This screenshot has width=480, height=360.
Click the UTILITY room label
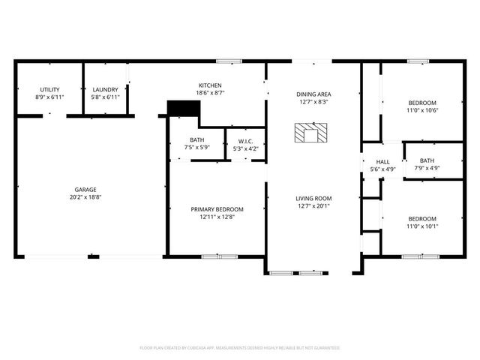pos(49,89)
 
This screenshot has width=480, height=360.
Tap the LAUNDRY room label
pos(105,89)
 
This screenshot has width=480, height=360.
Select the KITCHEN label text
pos(210,85)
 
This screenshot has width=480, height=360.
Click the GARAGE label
pos(85,190)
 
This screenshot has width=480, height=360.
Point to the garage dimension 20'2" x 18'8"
pos(85,197)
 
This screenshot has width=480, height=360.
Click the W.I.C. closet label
pos(245,141)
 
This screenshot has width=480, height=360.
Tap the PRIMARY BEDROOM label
pos(217,209)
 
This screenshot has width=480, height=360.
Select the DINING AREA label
pos(313,94)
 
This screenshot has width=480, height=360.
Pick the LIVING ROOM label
pos(313,198)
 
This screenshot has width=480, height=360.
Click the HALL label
pos(382,162)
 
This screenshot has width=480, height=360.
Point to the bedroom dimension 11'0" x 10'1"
pos(423,226)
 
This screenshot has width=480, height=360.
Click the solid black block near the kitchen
pos(182,109)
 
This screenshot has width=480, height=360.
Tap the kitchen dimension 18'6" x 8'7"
pos(210,93)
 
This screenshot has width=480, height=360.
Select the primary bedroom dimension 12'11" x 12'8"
pos(217,217)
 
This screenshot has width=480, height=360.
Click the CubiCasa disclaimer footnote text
pos(240,348)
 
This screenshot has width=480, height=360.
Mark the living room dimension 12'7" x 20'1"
pos(313,206)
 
